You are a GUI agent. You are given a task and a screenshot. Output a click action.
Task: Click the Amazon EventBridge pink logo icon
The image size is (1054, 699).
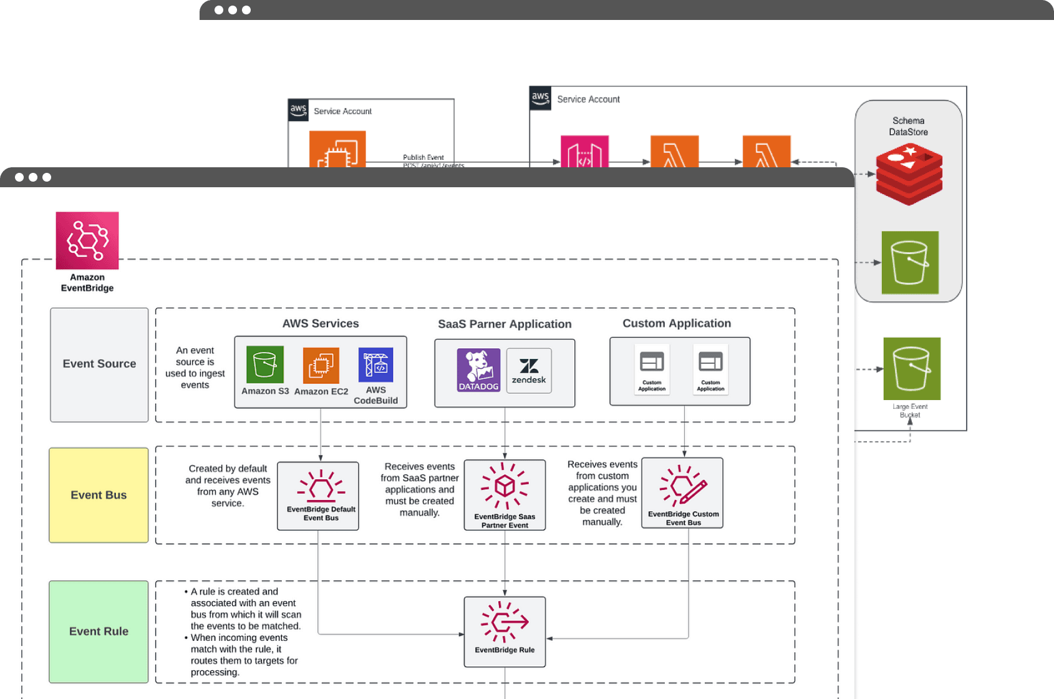click(87, 240)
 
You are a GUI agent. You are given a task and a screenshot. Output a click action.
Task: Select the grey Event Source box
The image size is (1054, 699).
click(99, 364)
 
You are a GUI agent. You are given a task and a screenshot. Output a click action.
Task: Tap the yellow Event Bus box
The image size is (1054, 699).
click(99, 495)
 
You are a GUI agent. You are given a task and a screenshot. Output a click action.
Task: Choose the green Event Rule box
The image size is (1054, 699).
click(99, 632)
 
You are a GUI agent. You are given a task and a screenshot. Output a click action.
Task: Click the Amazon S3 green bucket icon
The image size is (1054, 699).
click(265, 364)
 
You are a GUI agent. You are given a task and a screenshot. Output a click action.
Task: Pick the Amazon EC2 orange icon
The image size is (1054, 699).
click(321, 365)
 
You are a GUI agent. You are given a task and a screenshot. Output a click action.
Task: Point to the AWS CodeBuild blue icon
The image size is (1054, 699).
click(375, 364)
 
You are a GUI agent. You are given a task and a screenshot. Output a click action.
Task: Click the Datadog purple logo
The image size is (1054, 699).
click(478, 370)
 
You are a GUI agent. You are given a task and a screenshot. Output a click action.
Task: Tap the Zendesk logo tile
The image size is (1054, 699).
click(529, 371)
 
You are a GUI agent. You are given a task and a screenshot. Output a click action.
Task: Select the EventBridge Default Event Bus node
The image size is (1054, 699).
click(318, 496)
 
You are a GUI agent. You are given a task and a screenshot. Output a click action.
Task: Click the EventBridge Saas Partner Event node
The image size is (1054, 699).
click(505, 495)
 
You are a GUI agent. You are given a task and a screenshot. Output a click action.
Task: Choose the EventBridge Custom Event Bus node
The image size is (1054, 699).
click(682, 493)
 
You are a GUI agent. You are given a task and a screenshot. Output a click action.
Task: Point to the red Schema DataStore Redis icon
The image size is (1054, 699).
click(909, 174)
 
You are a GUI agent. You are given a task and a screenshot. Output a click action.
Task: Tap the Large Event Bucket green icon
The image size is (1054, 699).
click(912, 369)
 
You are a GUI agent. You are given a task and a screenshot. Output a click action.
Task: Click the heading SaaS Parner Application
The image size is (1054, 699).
click(505, 324)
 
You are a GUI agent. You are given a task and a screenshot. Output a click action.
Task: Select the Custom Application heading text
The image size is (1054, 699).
click(677, 323)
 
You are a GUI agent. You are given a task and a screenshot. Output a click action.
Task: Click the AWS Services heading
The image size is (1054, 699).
click(321, 323)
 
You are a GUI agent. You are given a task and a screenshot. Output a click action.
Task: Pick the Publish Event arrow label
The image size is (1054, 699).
click(423, 157)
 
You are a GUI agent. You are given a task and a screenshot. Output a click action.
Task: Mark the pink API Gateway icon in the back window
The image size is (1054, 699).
click(584, 152)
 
